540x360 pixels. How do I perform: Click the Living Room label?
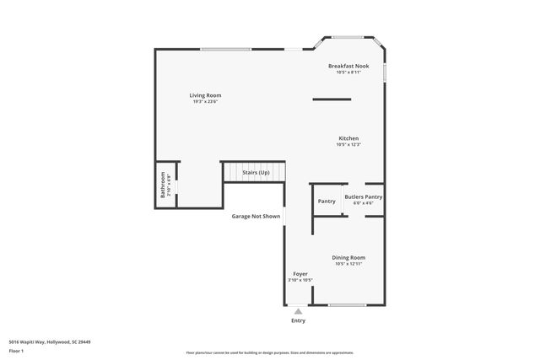click(205, 95)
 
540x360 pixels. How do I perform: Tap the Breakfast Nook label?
click(348, 66)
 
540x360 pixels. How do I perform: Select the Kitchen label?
click(348, 138)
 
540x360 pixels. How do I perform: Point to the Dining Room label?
click(348, 257)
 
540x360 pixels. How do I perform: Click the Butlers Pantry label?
click(363, 197)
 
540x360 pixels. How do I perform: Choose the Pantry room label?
click(327, 201)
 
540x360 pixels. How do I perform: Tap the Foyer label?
click(300, 274)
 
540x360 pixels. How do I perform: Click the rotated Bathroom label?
click(163, 185)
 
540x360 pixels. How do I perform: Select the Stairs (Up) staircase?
click(255, 172)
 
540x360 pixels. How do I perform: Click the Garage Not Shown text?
click(256, 216)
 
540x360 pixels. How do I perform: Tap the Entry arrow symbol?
click(298, 311)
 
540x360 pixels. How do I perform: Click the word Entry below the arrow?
click(298, 320)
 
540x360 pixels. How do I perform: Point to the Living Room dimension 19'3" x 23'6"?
click(205, 102)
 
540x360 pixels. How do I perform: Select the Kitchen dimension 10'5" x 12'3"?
click(348, 145)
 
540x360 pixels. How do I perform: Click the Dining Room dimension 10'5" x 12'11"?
click(348, 264)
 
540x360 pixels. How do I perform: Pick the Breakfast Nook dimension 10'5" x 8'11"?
click(348, 73)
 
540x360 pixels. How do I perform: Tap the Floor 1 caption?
click(16, 351)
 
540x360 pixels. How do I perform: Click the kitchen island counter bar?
click(332, 99)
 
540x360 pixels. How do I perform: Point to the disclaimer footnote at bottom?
click(269, 352)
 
